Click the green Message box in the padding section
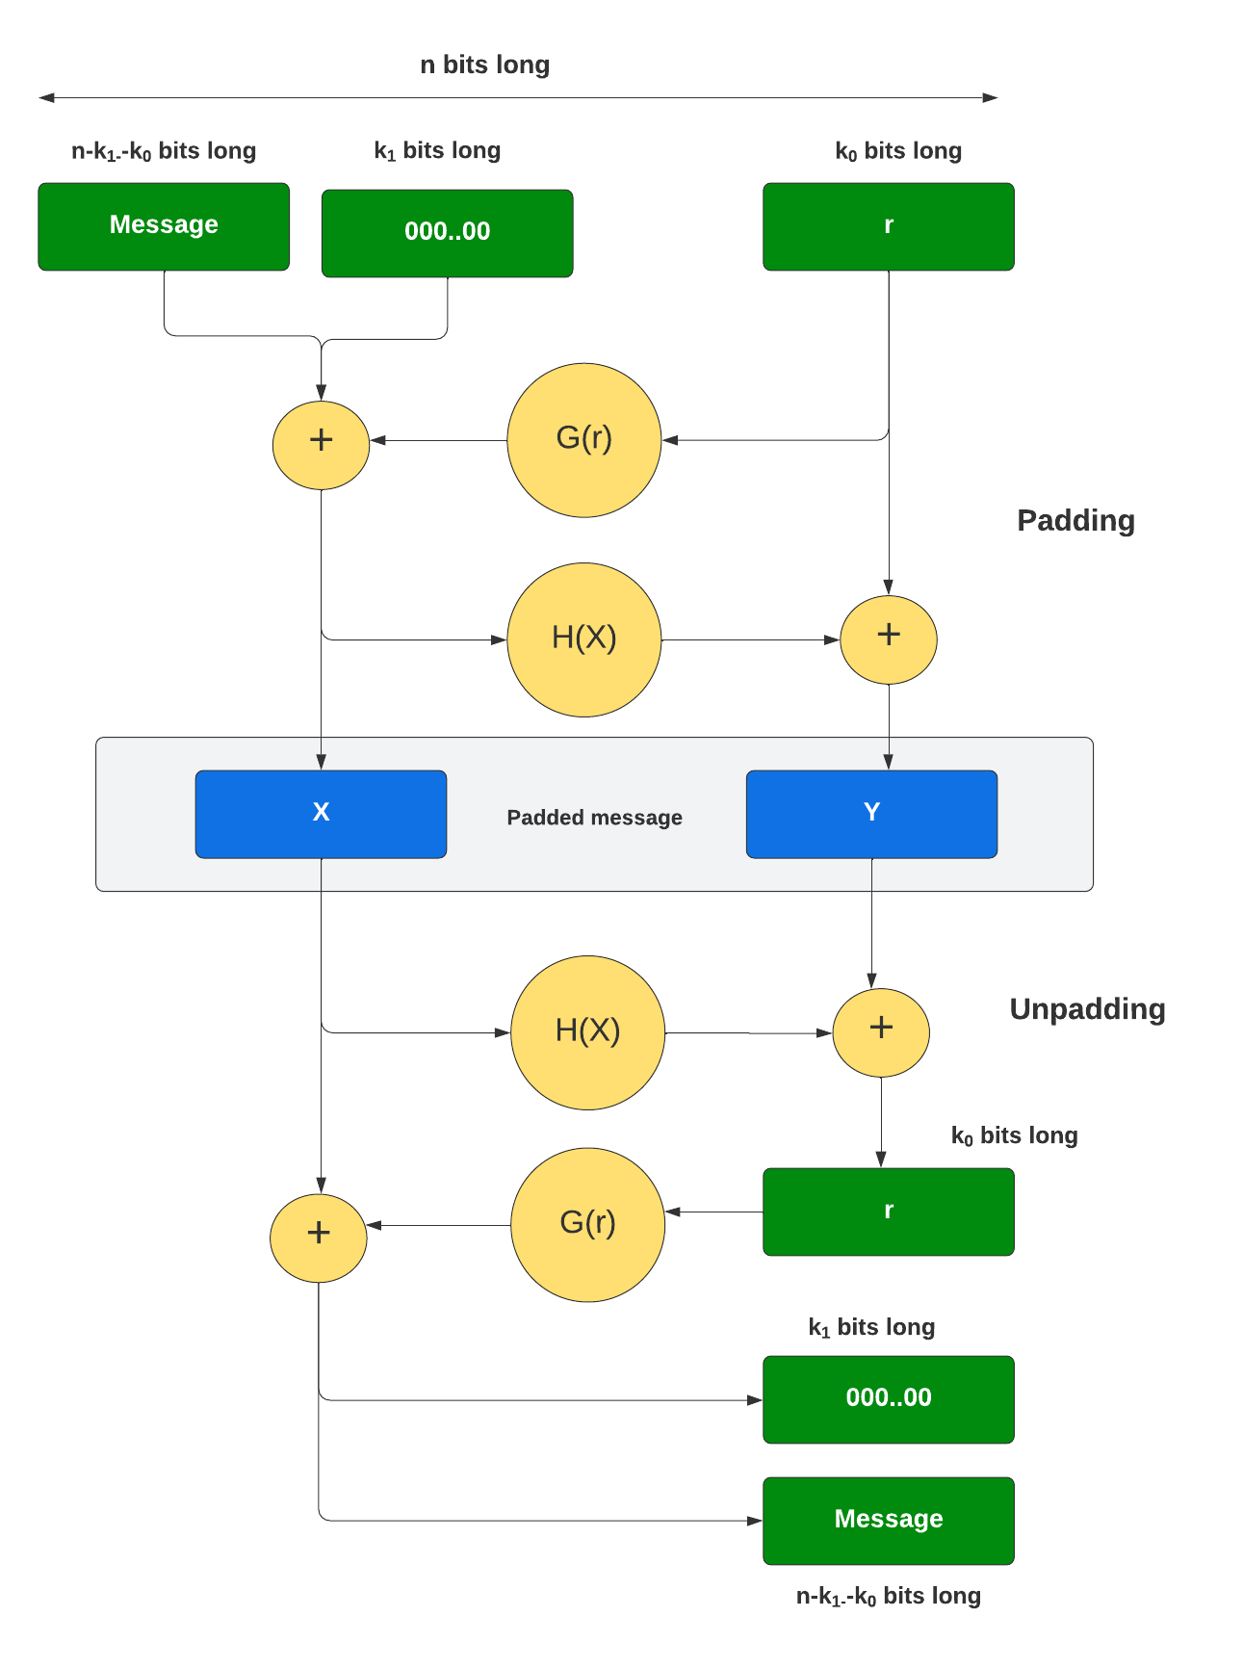click(164, 226)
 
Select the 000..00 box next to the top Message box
click(447, 233)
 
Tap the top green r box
click(888, 226)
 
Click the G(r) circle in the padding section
click(583, 440)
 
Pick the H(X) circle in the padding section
click(583, 639)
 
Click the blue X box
click(321, 814)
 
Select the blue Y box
click(871, 814)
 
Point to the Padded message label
click(594, 818)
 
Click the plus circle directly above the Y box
click(888, 639)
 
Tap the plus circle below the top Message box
click(321, 445)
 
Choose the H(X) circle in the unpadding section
click(587, 1032)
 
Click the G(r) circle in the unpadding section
click(587, 1224)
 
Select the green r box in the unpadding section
click(888, 1212)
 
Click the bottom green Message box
click(888, 1521)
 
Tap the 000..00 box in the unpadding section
click(888, 1399)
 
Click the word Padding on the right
click(1075, 521)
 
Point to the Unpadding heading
click(1087, 1009)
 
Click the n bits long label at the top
click(484, 65)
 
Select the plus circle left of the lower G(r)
click(318, 1238)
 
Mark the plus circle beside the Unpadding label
click(880, 1032)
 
